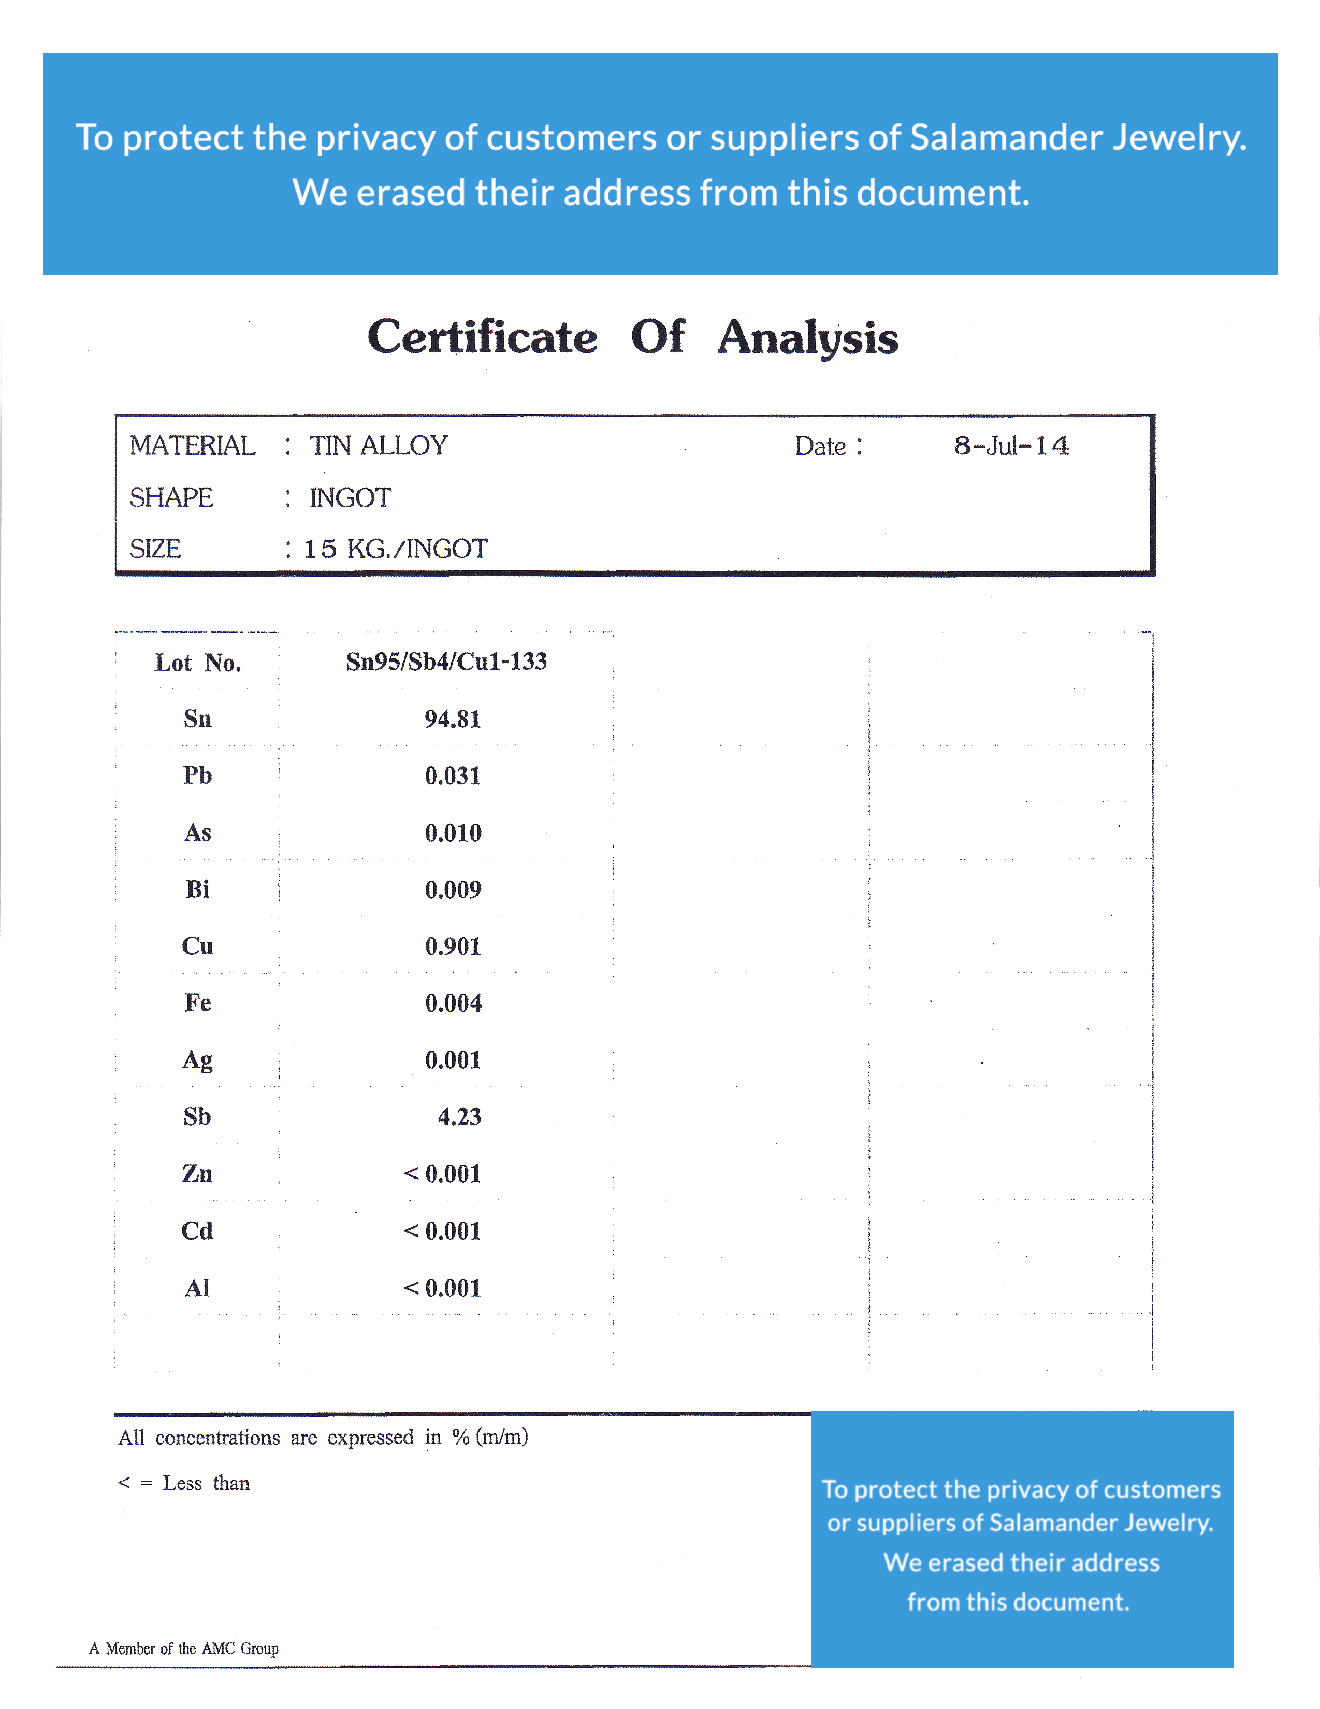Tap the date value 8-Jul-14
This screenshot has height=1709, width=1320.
click(x=1011, y=446)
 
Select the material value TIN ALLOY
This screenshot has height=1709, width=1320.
click(x=378, y=446)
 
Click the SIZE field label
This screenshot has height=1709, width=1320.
click(x=155, y=549)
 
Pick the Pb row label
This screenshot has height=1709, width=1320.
click(x=197, y=775)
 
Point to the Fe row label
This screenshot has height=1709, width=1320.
click(x=197, y=1003)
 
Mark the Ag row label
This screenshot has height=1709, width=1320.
click(x=197, y=1060)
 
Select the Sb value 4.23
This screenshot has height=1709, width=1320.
click(x=459, y=1117)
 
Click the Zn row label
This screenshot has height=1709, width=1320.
click(x=197, y=1174)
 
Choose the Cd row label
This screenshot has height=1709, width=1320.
click(x=197, y=1231)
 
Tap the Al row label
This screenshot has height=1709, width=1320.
click(x=197, y=1288)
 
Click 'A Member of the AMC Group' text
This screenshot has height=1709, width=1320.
click(x=184, y=1649)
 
